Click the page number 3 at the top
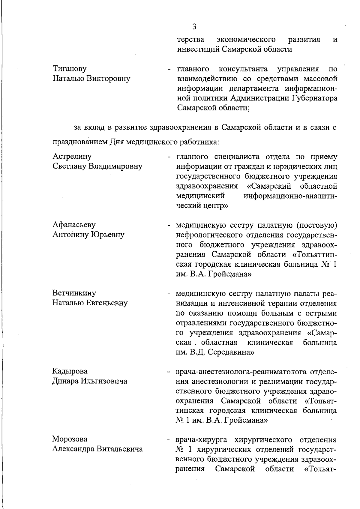194,27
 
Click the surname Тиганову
70,69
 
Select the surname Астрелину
72,156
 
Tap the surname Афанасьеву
74,225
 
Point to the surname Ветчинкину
74,293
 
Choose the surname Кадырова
70,371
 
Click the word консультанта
243,69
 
